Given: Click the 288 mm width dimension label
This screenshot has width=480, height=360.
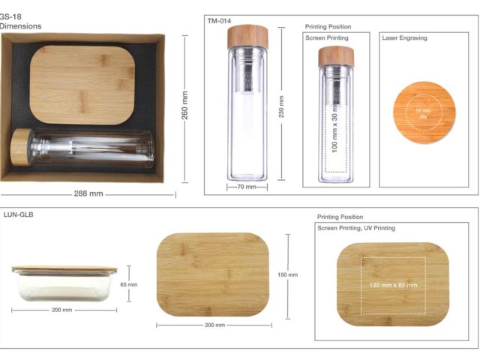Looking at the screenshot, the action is click(x=88, y=193).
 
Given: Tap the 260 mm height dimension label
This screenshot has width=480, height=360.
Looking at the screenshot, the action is click(x=185, y=105).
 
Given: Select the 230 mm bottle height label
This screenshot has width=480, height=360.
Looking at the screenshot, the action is click(x=281, y=106).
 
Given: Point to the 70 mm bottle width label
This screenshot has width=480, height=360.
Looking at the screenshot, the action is click(x=247, y=187).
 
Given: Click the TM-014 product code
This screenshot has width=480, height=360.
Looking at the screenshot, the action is click(x=219, y=21).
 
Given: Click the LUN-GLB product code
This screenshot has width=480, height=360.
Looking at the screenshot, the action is click(x=18, y=214).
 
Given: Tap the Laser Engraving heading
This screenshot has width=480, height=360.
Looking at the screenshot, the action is click(x=404, y=38).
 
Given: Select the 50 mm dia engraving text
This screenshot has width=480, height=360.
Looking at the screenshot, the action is click(x=423, y=113).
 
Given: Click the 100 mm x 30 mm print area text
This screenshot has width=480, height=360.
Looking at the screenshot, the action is click(x=334, y=128).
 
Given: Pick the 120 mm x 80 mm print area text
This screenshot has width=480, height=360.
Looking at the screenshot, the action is click(x=393, y=285).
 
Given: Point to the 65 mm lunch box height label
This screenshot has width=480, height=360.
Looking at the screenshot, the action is click(x=128, y=284).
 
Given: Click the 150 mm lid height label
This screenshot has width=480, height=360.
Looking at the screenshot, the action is click(x=287, y=274).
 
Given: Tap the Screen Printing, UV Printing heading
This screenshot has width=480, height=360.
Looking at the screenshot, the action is click(x=356, y=228).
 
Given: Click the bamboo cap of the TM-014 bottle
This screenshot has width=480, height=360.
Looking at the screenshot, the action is click(x=247, y=37).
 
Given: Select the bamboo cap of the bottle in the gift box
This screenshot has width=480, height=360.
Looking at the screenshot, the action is click(x=21, y=147).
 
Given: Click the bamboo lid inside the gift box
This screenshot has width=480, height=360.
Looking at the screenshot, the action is click(x=82, y=85).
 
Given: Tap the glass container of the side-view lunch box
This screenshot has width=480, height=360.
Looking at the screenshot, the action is click(x=64, y=287).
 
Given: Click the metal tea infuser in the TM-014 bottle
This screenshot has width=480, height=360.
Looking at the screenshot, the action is click(x=247, y=73).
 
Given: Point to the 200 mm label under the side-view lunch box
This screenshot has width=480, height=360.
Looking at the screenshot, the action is click(x=61, y=310).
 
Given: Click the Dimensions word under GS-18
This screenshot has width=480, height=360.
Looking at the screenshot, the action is click(x=20, y=26).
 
